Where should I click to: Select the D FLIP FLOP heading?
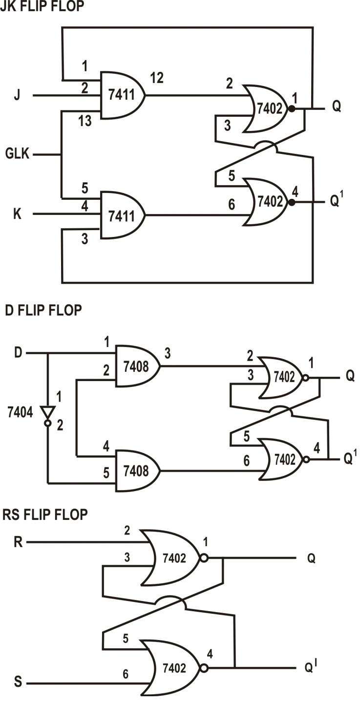(43, 310)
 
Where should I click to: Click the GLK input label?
(18, 155)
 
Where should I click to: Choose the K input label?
(17, 214)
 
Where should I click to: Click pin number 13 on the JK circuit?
(85, 121)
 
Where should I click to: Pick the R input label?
(18, 542)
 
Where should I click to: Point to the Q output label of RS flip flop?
(310, 558)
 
